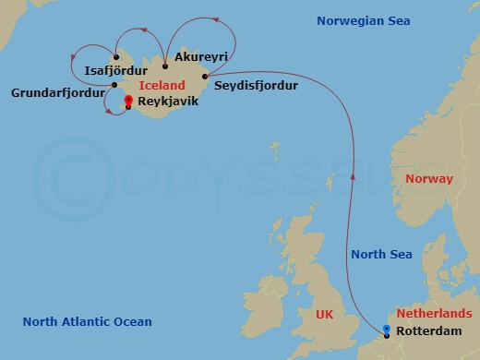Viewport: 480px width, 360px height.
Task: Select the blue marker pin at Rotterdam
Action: coord(387,330)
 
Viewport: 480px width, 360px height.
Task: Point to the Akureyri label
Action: coord(200,57)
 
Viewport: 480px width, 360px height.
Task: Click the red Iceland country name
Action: coord(162,85)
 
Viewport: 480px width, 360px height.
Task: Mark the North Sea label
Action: coord(382,255)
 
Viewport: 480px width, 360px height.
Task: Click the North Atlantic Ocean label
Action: coord(87,321)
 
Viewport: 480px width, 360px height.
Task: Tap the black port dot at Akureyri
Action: coord(164,66)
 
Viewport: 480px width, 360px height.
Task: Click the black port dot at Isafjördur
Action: coord(115,57)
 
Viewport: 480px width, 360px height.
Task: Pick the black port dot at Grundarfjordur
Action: coord(114,86)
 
